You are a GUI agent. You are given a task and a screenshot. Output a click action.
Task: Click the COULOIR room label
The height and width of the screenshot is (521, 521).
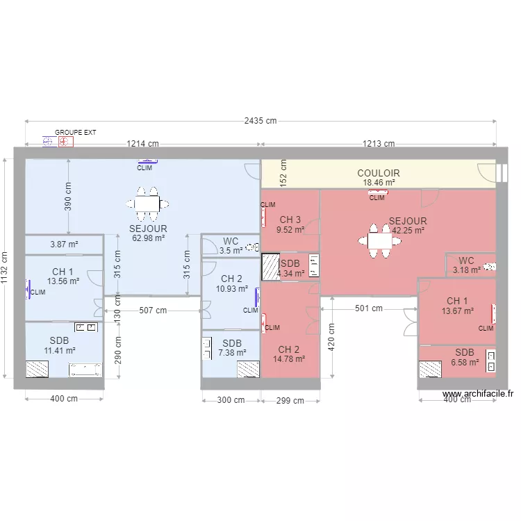click(379, 173)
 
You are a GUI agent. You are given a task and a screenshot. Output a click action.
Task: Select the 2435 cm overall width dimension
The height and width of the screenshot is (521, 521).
click(260, 120)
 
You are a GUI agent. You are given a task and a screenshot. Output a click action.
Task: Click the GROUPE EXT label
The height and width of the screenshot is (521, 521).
click(76, 131)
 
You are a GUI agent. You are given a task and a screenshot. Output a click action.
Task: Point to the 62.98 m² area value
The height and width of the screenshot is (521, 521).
click(147, 238)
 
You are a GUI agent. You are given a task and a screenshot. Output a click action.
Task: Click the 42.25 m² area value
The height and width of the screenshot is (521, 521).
click(408, 231)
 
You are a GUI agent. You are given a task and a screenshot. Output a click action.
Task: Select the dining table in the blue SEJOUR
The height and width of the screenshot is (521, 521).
click(147, 204)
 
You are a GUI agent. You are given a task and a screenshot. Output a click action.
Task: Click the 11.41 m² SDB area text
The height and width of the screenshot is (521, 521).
click(59, 351)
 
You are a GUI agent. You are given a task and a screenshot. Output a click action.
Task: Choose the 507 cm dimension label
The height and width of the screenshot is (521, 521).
click(153, 311)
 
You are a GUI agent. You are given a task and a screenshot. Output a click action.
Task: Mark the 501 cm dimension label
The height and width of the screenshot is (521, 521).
click(368, 308)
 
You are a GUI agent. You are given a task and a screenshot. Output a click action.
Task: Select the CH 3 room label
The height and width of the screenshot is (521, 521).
click(290, 220)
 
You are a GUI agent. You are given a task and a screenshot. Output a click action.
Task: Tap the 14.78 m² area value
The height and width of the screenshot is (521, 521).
click(289, 359)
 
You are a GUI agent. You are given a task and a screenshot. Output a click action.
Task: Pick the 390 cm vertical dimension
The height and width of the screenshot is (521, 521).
click(68, 197)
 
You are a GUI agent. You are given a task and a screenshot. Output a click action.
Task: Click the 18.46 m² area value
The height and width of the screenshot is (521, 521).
click(379, 183)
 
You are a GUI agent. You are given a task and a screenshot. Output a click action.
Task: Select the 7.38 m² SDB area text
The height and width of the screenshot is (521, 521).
click(232, 352)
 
